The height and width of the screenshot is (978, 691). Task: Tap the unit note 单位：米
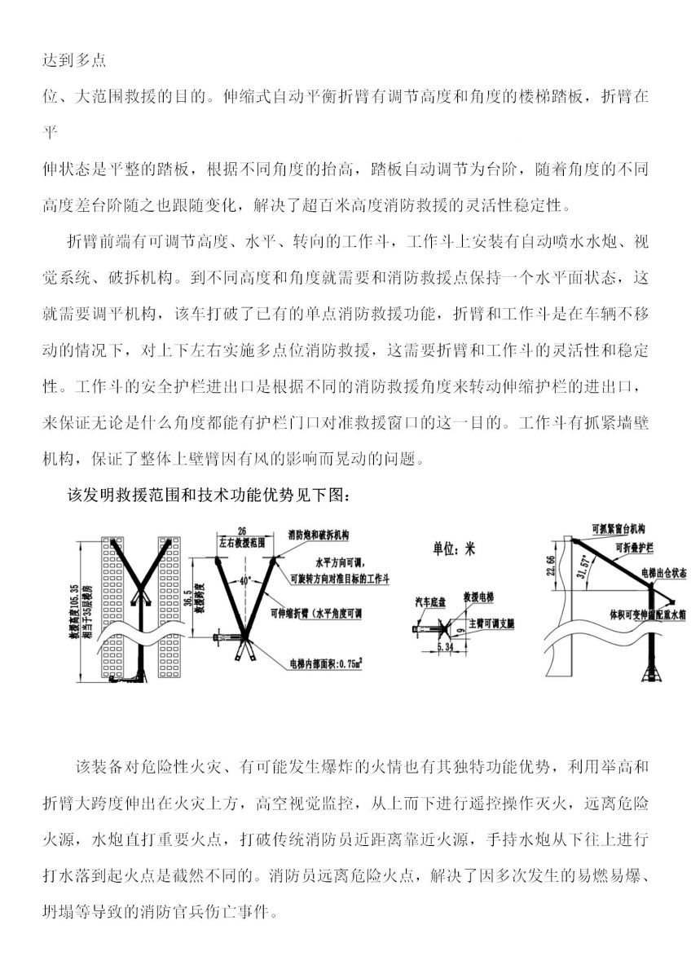(x=454, y=548)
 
